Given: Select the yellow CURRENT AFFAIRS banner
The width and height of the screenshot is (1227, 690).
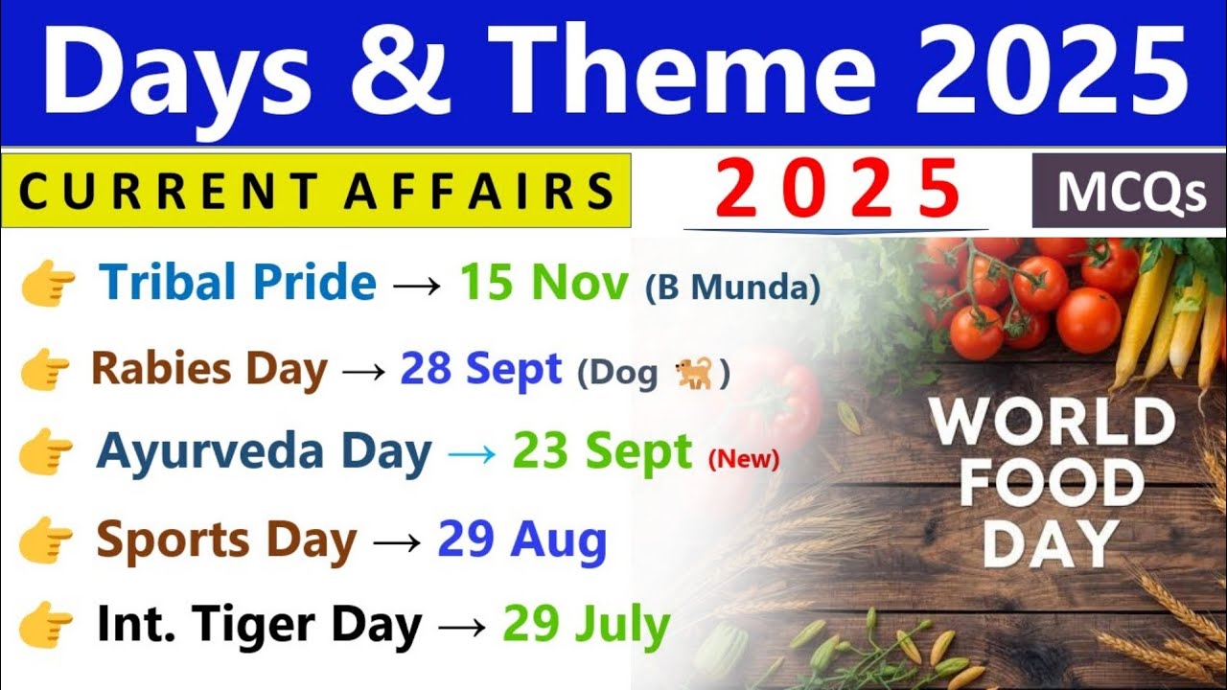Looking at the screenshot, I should (x=316, y=190).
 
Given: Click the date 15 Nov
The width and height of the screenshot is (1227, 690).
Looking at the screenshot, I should (x=544, y=283).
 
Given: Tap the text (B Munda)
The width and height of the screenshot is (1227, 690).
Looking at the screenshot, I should (x=733, y=287).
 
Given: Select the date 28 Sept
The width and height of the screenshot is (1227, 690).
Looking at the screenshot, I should (x=481, y=369).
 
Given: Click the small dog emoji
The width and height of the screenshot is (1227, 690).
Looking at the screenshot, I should (x=693, y=373).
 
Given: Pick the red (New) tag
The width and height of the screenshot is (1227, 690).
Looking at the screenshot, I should (x=743, y=459).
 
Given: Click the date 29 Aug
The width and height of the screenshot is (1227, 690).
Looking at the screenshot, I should (x=522, y=540).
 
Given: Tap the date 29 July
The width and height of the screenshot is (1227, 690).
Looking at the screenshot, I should (x=587, y=626).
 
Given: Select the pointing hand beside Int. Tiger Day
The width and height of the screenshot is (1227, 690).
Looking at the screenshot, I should (x=46, y=629).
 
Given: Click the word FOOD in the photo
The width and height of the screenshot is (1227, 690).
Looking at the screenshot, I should (x=1052, y=485).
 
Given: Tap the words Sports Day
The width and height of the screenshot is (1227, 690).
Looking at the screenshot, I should (x=225, y=540).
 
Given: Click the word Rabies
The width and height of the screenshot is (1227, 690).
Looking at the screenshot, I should (x=157, y=369).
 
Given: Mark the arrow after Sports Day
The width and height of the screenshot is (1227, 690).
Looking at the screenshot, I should (x=397, y=541).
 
